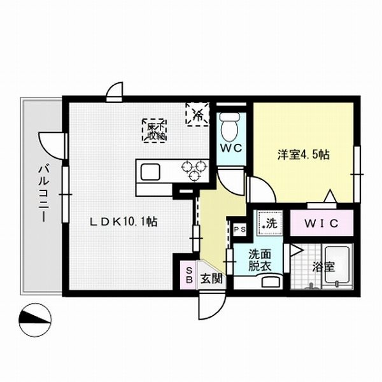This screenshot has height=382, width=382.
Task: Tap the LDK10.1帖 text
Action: pyautogui.click(x=123, y=222)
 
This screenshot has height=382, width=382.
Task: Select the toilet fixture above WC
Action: pyautogui.click(x=229, y=127)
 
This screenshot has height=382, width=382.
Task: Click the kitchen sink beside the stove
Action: pyautogui.click(x=151, y=172)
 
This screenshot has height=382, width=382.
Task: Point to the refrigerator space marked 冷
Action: pyautogui.click(x=197, y=114)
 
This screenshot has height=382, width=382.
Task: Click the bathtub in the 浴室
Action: pyautogui.click(x=335, y=267)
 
